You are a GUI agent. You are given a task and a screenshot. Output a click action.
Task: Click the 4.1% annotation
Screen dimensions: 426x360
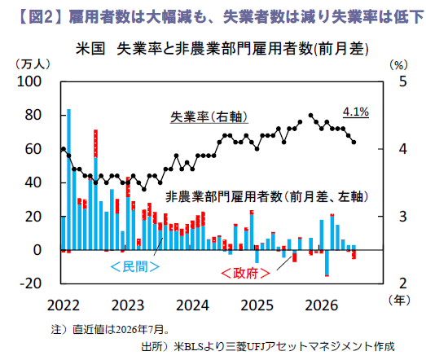point(356,112)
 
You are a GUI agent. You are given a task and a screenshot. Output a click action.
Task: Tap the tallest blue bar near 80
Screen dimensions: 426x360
point(68,179)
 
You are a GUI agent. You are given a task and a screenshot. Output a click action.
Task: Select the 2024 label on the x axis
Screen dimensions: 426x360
point(192,305)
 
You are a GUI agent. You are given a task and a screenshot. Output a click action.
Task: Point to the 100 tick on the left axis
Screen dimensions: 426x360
point(29,81)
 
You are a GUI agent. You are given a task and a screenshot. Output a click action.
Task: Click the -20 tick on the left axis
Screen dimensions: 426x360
point(30,283)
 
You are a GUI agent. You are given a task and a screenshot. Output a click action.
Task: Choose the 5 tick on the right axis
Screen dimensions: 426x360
point(403,81)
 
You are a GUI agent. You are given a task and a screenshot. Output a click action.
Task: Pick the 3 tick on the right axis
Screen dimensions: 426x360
point(403,217)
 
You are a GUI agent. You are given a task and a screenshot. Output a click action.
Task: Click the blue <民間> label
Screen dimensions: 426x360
point(135,267)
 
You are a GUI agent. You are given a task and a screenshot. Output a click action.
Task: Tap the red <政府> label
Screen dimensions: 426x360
point(245,273)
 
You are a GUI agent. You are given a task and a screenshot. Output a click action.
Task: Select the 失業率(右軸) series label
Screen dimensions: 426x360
point(209,117)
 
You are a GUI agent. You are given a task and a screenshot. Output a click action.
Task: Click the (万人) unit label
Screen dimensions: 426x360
point(33,64)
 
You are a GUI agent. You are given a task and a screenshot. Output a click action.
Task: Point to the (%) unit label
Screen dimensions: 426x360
point(399,65)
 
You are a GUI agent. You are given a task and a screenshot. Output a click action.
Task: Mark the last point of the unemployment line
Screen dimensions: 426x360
point(354,142)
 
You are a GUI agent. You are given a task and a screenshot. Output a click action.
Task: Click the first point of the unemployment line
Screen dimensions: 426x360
point(64,149)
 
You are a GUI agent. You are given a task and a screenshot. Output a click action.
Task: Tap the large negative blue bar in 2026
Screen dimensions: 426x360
point(327,262)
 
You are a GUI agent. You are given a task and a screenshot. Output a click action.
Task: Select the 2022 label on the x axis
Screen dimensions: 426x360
point(64,305)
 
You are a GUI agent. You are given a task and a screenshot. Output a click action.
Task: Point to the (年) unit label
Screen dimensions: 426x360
point(399,300)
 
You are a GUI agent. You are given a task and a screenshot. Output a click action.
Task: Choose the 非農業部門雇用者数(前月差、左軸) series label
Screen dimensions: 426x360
point(267,196)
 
